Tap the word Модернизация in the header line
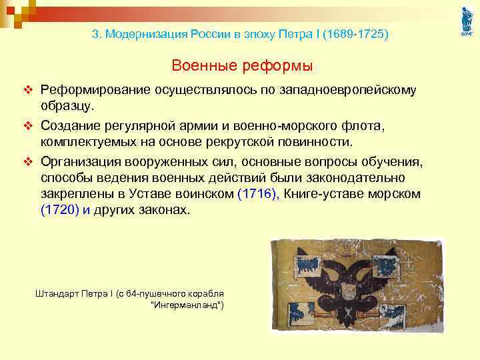pyautogui.click(x=143, y=33)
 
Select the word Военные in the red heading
pyautogui.click(x=201, y=66)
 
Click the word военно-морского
pyautogui.click(x=303, y=125)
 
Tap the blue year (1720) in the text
pyautogui.click(x=59, y=211)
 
